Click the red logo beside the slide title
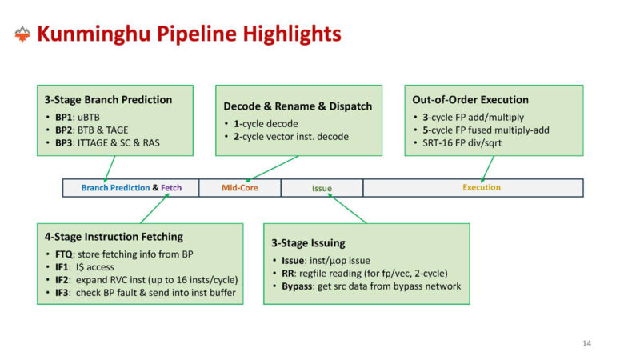(x=22, y=34)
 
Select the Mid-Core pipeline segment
(x=239, y=188)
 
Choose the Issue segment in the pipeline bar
(x=322, y=188)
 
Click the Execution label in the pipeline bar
(x=481, y=187)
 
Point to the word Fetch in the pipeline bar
(x=171, y=188)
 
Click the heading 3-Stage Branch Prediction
(x=110, y=100)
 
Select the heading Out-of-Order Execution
(x=470, y=100)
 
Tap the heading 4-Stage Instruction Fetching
(x=114, y=237)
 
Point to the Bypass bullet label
(x=297, y=286)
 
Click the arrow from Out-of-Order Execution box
(x=486, y=167)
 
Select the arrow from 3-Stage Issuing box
(x=347, y=210)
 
